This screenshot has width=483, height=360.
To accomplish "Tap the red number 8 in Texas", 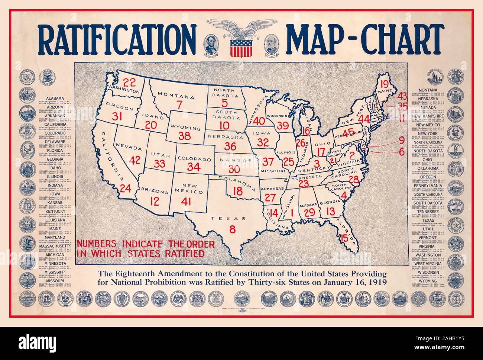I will (232, 229).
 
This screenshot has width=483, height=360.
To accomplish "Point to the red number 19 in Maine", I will (384, 84).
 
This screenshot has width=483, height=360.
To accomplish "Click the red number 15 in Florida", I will (344, 238).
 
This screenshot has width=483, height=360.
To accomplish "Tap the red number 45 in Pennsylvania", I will (347, 133).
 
